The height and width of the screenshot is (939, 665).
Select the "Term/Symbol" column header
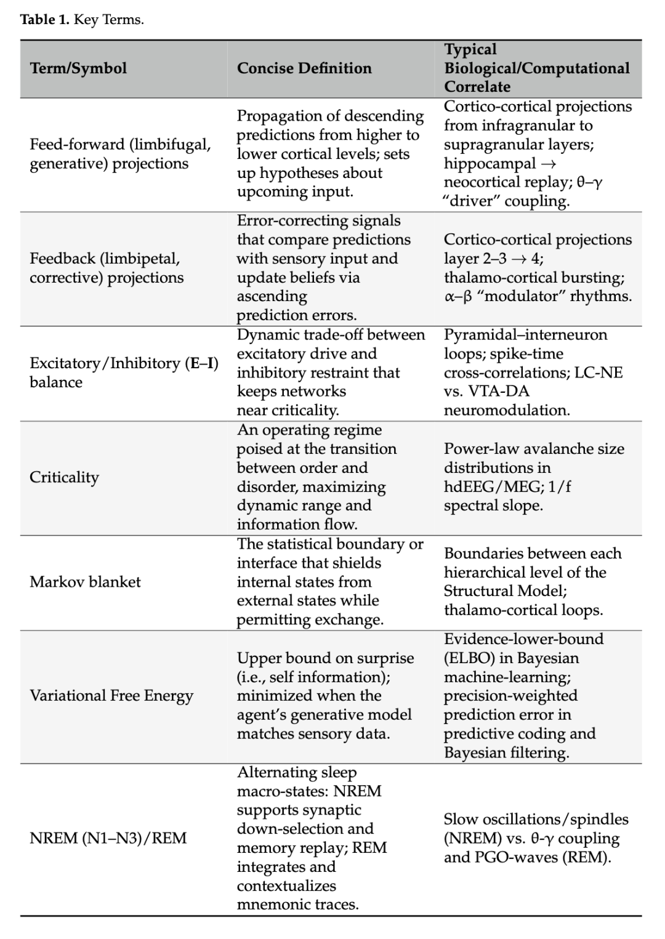click(x=78, y=68)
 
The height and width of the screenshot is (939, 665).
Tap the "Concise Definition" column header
click(x=304, y=68)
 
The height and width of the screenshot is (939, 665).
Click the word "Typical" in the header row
click(x=470, y=49)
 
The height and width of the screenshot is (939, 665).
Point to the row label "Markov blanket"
click(x=85, y=582)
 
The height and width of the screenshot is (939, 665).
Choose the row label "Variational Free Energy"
click(x=111, y=696)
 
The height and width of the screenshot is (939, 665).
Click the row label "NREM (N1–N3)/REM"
click(x=108, y=838)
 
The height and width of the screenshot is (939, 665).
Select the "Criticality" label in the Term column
click(x=64, y=477)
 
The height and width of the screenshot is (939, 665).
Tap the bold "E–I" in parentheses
click(x=203, y=363)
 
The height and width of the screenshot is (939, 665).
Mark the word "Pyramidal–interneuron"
click(x=525, y=334)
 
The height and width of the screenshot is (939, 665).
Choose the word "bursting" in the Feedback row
click(x=593, y=278)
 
